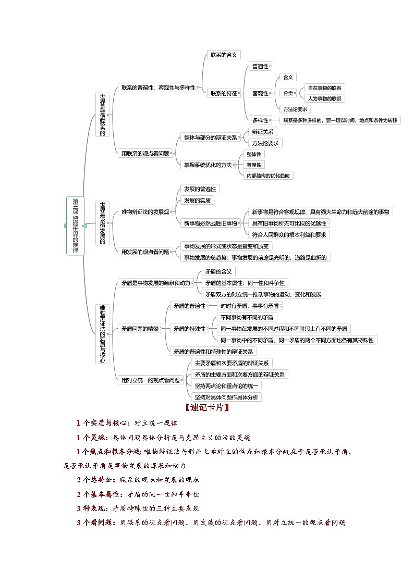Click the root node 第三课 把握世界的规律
76,226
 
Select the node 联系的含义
223,55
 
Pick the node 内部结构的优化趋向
269,176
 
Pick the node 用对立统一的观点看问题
150,380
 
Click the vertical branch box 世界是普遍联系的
103,115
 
